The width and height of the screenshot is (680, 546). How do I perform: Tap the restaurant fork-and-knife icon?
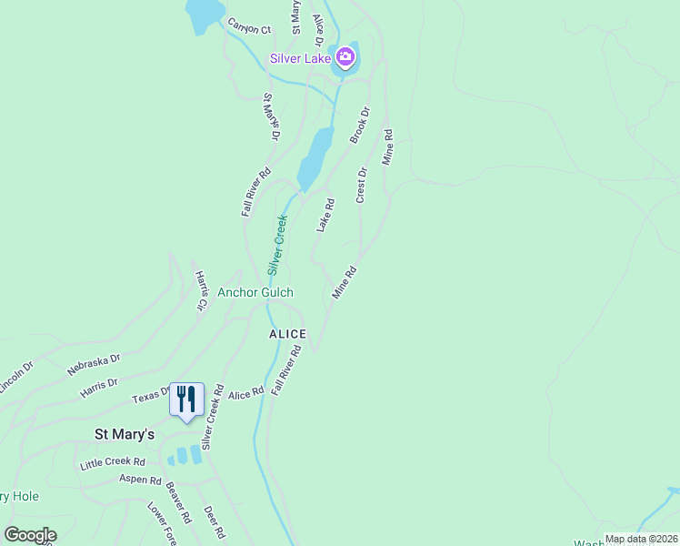(186, 399)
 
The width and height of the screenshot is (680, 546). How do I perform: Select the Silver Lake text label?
(299, 59)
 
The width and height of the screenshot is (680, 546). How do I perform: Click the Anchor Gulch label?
(255, 293)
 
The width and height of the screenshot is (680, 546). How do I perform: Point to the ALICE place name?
(287, 334)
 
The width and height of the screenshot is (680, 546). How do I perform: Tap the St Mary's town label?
(125, 434)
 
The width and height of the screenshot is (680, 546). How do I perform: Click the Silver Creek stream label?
(278, 245)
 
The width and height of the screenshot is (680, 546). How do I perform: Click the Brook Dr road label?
(361, 126)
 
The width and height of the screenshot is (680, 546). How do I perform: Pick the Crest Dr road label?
(362, 185)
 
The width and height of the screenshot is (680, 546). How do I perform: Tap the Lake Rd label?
(325, 216)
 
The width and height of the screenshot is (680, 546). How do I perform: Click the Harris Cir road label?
(200, 290)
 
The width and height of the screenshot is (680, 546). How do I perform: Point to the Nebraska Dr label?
(94, 365)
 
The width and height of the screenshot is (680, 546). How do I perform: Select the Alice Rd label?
(246, 391)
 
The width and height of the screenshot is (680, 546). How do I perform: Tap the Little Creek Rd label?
(113, 463)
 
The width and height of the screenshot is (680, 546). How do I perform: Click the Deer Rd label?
(213, 521)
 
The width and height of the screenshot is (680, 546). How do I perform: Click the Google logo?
(30, 535)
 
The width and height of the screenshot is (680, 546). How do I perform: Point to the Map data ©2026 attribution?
(640, 539)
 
